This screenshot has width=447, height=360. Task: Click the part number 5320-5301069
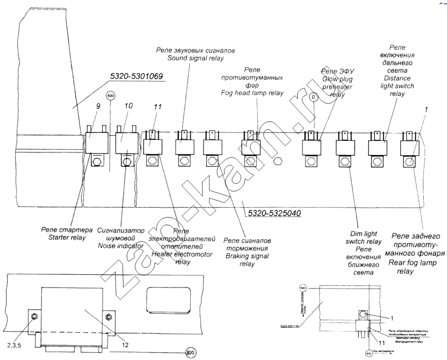point(137,77)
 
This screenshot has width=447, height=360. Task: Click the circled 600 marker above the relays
point(110,96)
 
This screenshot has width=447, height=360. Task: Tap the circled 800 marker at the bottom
point(190,353)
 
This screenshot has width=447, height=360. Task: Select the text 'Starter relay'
point(63,238)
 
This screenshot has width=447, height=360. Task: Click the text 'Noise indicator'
point(120,245)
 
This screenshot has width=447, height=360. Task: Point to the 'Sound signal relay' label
point(195,58)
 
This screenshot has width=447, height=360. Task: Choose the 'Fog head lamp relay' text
point(252,92)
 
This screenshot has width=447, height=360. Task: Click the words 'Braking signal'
point(247,256)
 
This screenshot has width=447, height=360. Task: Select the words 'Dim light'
point(365,234)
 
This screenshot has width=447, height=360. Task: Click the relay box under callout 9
point(97,141)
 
